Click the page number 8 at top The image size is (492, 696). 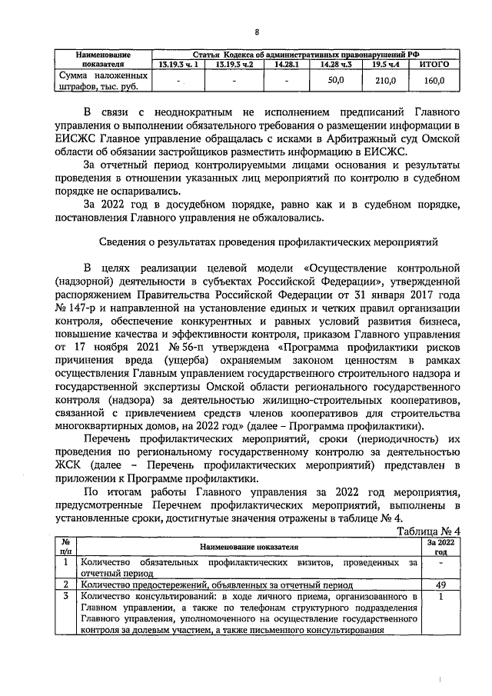[x=257, y=32]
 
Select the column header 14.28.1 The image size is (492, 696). [x=284, y=65]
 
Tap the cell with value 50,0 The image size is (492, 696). [x=334, y=80]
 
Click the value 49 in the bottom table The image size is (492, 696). [x=440, y=584]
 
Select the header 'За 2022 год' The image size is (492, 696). [x=440, y=546]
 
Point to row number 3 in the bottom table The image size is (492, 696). [x=66, y=596]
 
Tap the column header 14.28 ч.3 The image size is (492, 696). [x=334, y=65]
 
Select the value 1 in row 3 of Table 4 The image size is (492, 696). [x=440, y=596]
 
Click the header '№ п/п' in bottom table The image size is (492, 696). [x=66, y=546]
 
